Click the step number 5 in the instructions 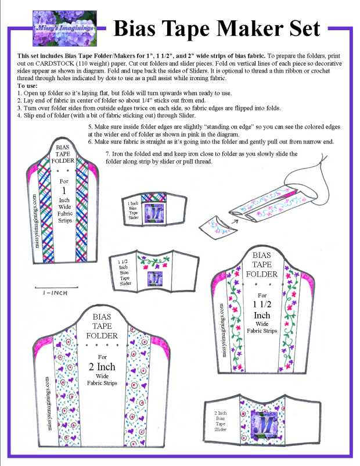click(x=90, y=127)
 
